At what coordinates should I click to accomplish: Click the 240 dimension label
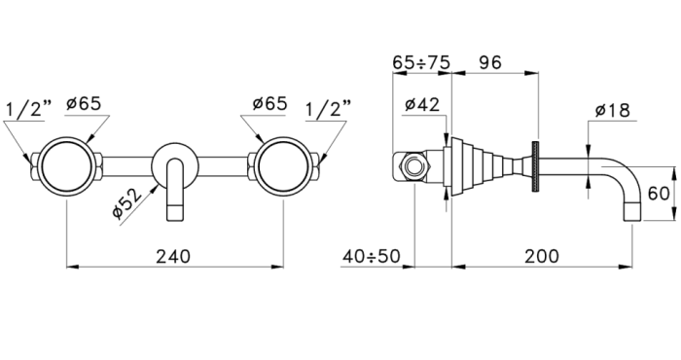pyautogui.click(x=173, y=256)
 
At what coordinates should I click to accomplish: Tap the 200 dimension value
pyautogui.click(x=542, y=256)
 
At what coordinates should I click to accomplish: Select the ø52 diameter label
pyautogui.click(x=126, y=203)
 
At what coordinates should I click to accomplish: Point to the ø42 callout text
pyautogui.click(x=421, y=105)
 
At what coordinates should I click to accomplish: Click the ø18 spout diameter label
pyautogui.click(x=612, y=110)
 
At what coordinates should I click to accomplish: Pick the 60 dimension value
pyautogui.click(x=659, y=194)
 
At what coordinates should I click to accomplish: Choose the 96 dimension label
pyautogui.click(x=490, y=62)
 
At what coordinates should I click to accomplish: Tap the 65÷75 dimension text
pyautogui.click(x=421, y=62)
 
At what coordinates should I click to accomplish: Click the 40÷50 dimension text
pyautogui.click(x=371, y=256)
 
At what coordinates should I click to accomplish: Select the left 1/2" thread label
pyautogui.click(x=28, y=109)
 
